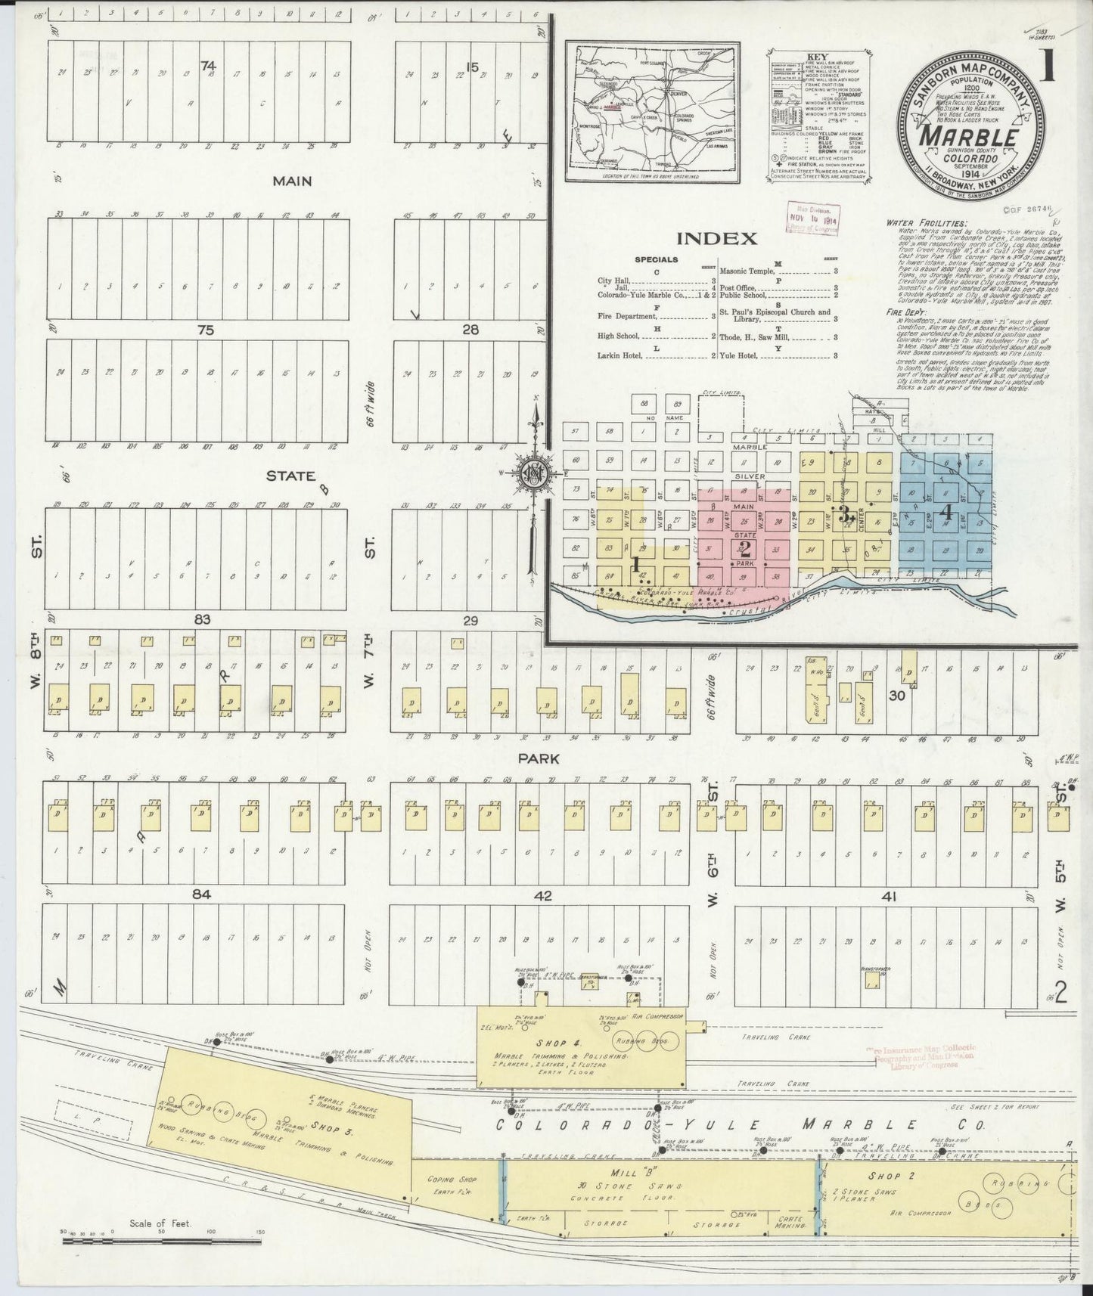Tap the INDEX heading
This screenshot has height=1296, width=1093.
point(716,239)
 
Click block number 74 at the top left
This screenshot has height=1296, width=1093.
point(208,66)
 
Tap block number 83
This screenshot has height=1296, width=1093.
point(201,619)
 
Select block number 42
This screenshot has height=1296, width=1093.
point(542,897)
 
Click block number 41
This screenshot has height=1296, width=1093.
point(889,897)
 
